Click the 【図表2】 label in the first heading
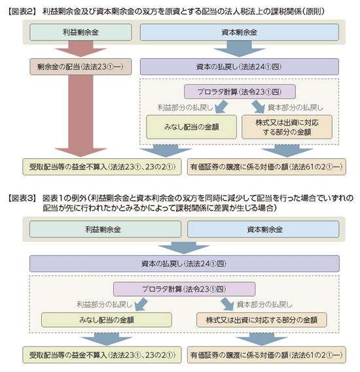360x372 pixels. tap(22, 12)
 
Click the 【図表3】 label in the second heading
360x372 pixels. tap(22, 198)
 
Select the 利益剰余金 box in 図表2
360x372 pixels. tap(81, 32)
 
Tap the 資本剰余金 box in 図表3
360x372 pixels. tap(263, 229)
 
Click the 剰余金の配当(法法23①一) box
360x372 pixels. tap(81, 67)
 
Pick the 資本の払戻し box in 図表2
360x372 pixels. tap(240, 67)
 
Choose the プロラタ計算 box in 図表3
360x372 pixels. tap(185, 289)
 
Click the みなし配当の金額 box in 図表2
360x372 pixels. tap(191, 127)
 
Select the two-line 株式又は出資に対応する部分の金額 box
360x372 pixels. tap(287, 127)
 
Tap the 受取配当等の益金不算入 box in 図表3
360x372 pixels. tap(102, 355)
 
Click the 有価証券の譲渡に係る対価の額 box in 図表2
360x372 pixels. tap(266, 167)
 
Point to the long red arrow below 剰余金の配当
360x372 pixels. tap(81, 116)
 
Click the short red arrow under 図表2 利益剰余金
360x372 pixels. tap(81, 49)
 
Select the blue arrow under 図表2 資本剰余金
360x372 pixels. tap(240, 49)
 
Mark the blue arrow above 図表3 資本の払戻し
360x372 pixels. tap(184, 248)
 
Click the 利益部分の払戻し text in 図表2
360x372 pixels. tap(185, 108)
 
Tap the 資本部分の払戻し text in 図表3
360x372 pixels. tap(264, 305)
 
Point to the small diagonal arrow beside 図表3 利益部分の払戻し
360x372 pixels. tap(141, 304)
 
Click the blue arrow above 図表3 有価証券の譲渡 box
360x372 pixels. tap(261, 339)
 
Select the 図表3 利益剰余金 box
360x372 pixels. tap(105, 229)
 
